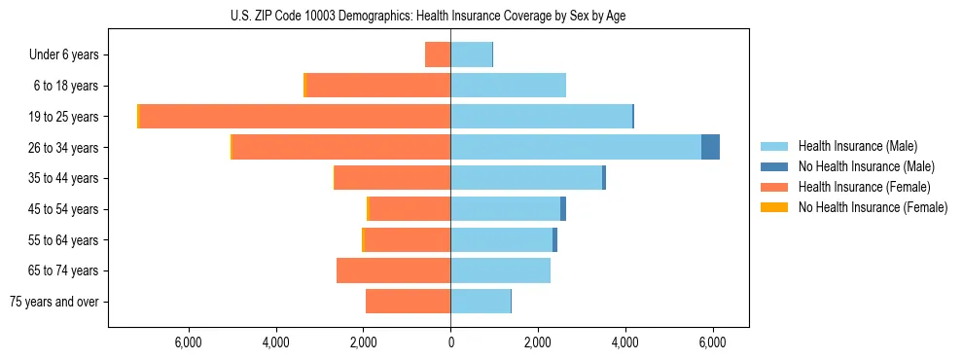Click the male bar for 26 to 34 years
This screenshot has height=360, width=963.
click(576, 147)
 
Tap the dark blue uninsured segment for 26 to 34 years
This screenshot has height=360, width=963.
click(710, 147)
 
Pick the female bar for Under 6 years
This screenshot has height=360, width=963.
click(438, 54)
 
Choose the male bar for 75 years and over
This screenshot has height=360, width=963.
click(481, 302)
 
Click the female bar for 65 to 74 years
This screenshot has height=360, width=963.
click(394, 270)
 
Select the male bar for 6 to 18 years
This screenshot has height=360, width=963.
click(508, 86)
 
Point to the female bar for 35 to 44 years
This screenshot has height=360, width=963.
click(393, 178)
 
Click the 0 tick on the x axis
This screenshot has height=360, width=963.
click(450, 342)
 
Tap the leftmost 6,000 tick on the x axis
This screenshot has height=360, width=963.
click(188, 342)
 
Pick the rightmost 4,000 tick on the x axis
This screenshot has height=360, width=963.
click(624, 342)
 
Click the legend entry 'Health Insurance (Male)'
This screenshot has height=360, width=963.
click(857, 146)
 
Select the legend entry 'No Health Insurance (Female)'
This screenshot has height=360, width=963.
click(873, 207)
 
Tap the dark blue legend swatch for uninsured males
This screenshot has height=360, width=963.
click(774, 166)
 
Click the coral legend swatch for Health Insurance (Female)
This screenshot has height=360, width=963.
click(774, 187)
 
